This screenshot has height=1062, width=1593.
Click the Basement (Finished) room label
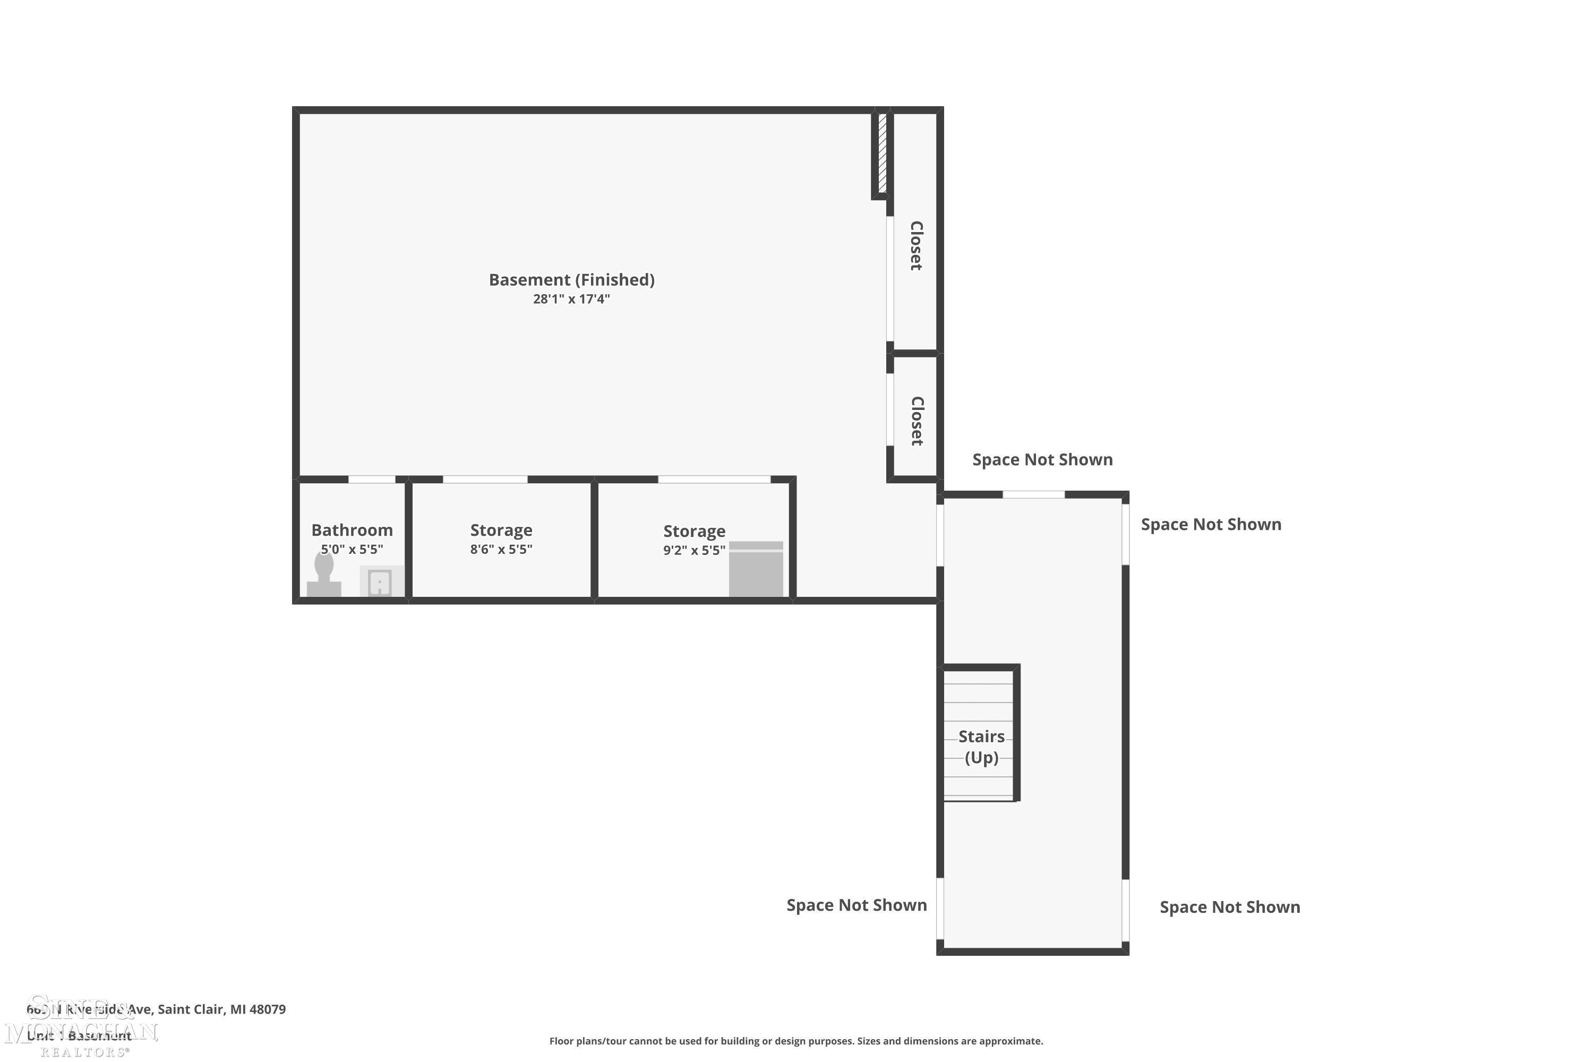tap(572, 280)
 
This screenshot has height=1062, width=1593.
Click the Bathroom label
tap(352, 530)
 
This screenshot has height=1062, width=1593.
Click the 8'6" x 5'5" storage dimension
tap(501, 549)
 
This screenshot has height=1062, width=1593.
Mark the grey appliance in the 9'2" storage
tap(756, 570)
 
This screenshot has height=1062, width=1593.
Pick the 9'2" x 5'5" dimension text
tap(694, 550)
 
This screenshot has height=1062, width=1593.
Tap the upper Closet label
tap(915, 246)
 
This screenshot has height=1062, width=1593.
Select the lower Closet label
tap(917, 421)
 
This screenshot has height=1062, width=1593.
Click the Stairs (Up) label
tap(981, 747)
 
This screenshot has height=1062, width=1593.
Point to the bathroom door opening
tap(372, 479)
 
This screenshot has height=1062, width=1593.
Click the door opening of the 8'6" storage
tap(485, 479)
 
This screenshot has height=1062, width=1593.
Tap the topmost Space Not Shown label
tap(1042, 460)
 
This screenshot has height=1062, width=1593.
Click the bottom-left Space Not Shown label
tap(856, 905)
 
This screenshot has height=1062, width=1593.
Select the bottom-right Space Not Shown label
tap(1229, 907)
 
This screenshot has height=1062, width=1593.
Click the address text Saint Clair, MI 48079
tap(221, 1009)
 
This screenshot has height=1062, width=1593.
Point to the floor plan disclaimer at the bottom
tap(796, 1041)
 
